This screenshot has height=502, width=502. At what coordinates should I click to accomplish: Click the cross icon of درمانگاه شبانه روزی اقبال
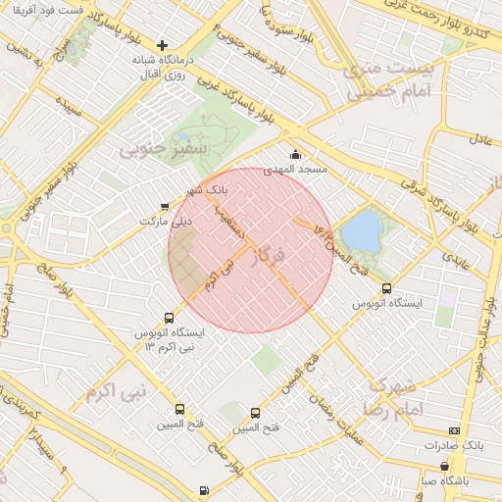[x=163, y=45]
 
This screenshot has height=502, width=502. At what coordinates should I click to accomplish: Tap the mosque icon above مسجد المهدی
[x=296, y=154]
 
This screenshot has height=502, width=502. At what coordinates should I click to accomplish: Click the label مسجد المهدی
[x=299, y=170]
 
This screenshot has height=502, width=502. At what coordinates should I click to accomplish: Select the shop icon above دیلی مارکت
[x=164, y=206]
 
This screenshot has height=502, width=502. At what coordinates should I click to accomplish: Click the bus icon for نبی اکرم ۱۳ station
[x=170, y=318]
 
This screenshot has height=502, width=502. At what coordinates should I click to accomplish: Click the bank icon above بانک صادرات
[x=453, y=430]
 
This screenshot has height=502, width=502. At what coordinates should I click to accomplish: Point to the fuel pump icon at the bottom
[x=203, y=490]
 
